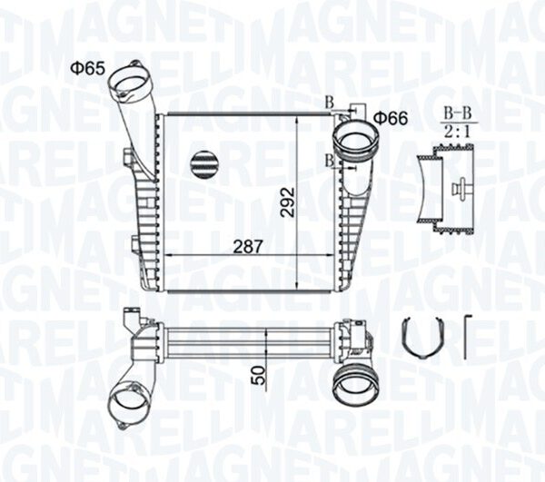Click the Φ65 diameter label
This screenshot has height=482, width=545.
point(87,68)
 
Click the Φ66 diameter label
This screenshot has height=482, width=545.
point(391,119)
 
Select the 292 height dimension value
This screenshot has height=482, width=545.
point(288,202)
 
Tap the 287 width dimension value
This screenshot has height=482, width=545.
point(247,247)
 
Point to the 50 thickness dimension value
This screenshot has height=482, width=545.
point(260,376)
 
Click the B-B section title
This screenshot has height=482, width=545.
point(459,113)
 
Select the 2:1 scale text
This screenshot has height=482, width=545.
point(459,132)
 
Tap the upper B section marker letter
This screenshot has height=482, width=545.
point(329,103)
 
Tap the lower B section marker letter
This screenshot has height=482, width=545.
point(329,161)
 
